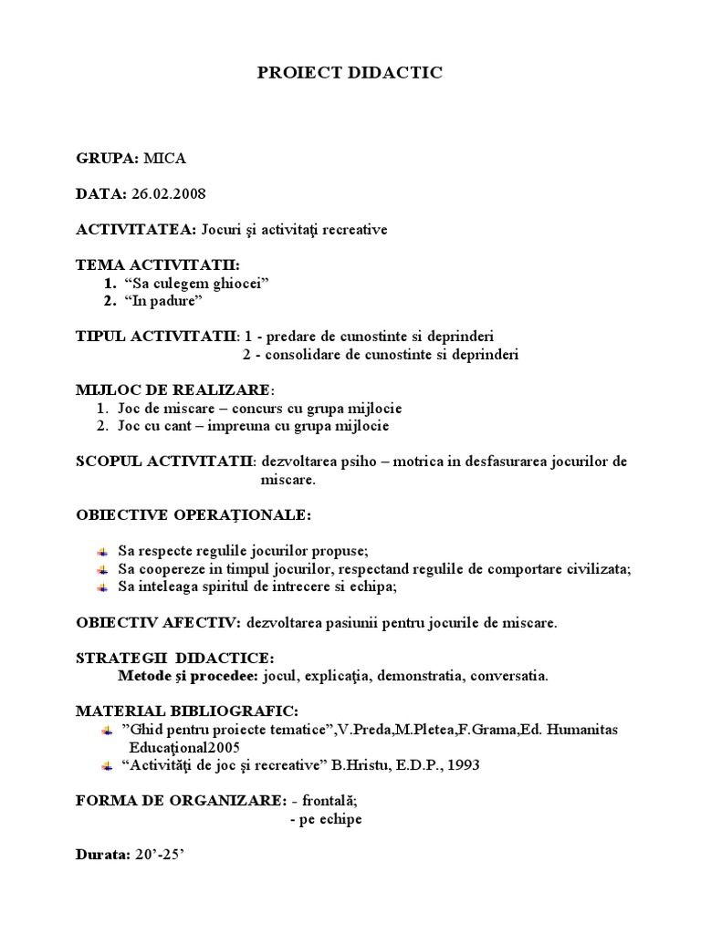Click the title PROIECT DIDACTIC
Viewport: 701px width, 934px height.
350,73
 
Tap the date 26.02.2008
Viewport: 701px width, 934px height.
169,193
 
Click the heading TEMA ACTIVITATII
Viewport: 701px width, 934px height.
157,265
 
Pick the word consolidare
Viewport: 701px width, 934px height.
298,354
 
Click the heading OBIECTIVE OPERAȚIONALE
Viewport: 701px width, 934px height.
193,515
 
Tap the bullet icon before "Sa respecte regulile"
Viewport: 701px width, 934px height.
104,552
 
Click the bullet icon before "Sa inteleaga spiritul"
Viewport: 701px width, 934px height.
104,587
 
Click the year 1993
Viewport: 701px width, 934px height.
461,765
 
